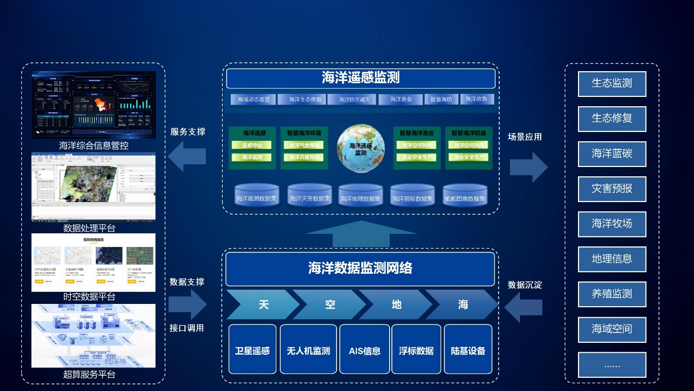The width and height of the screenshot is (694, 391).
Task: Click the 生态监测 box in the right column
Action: tap(612, 83)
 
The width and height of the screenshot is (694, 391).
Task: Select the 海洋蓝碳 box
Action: tap(612, 153)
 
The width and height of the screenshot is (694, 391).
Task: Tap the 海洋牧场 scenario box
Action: tap(612, 223)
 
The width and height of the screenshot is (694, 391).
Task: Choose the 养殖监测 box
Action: tap(612, 294)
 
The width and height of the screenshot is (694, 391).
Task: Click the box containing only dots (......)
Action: tap(612, 364)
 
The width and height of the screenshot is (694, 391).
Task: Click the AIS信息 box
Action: tap(364, 350)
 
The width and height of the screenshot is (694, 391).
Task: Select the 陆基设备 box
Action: tap(468, 350)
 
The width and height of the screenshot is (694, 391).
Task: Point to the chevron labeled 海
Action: tap(463, 304)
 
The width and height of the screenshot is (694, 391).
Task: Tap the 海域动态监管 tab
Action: tap(253, 100)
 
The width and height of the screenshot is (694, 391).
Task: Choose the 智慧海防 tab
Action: tap(441, 100)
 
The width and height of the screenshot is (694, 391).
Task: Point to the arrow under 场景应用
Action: tap(528, 167)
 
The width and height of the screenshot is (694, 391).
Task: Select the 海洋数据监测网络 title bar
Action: tap(360, 268)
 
